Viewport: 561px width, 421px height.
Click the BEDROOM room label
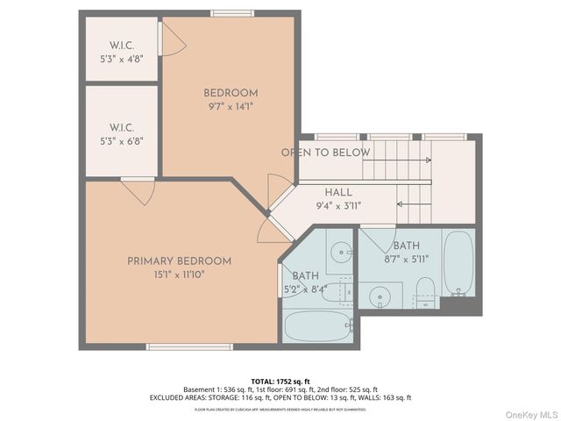(x=231, y=93)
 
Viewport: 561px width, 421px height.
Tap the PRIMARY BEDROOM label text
(x=179, y=261)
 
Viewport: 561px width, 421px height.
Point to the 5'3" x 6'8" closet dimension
(x=120, y=139)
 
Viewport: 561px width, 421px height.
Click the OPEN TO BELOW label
(x=325, y=153)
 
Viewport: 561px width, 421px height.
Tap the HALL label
(x=338, y=192)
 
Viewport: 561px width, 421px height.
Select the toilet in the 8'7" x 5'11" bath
(x=425, y=290)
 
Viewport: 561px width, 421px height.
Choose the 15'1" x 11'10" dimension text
(x=179, y=275)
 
